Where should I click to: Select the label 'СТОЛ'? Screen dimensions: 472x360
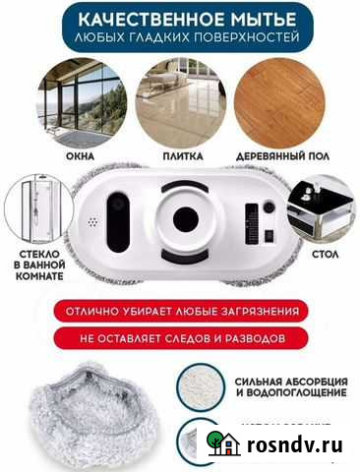click(325, 252)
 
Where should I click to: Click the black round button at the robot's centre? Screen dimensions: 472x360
click(185, 219)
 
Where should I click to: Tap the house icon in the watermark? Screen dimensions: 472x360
click(225, 444)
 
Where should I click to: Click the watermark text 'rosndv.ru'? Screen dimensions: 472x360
click(294, 445)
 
